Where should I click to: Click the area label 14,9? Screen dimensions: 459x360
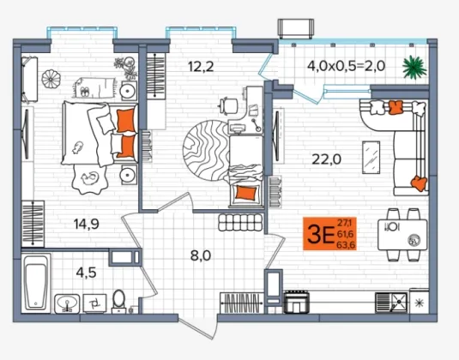tap(87, 225)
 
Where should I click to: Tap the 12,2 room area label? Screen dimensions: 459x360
tap(201, 67)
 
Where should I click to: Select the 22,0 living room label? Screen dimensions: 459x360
tap(327, 159)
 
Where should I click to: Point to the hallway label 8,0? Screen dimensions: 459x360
tap(201, 256)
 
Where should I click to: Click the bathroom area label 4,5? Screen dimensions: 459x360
tap(86, 273)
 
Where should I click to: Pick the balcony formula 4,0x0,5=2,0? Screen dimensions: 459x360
tap(346, 66)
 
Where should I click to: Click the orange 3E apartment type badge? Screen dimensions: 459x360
tap(329, 234)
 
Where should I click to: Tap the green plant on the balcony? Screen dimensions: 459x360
tap(414, 67)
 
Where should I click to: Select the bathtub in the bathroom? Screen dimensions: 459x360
tap(36, 283)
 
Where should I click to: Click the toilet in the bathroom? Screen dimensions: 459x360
tap(119, 301)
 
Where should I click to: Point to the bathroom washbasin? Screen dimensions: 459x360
tap(67, 303)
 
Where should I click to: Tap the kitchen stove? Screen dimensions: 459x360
tap(297, 302)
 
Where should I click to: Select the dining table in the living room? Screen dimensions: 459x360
tap(402, 235)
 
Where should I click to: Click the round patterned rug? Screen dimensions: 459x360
tap(207, 150)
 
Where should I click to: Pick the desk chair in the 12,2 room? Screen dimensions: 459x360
tap(229, 106)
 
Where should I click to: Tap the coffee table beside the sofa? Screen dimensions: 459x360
tap(371, 158)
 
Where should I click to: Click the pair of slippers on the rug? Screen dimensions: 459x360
tap(85, 92)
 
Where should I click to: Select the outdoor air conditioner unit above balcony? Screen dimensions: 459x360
tap(296, 28)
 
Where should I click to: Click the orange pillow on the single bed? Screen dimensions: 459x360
tap(246, 193)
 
